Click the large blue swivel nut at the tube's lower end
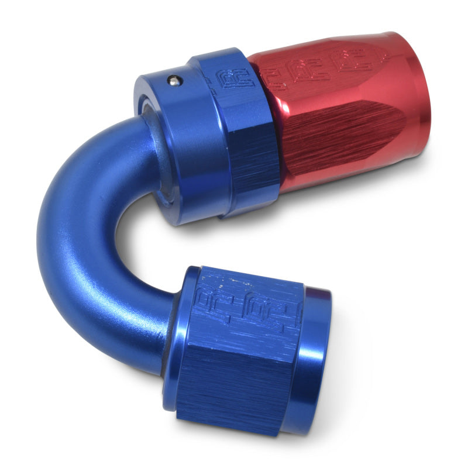tap(246, 351)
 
